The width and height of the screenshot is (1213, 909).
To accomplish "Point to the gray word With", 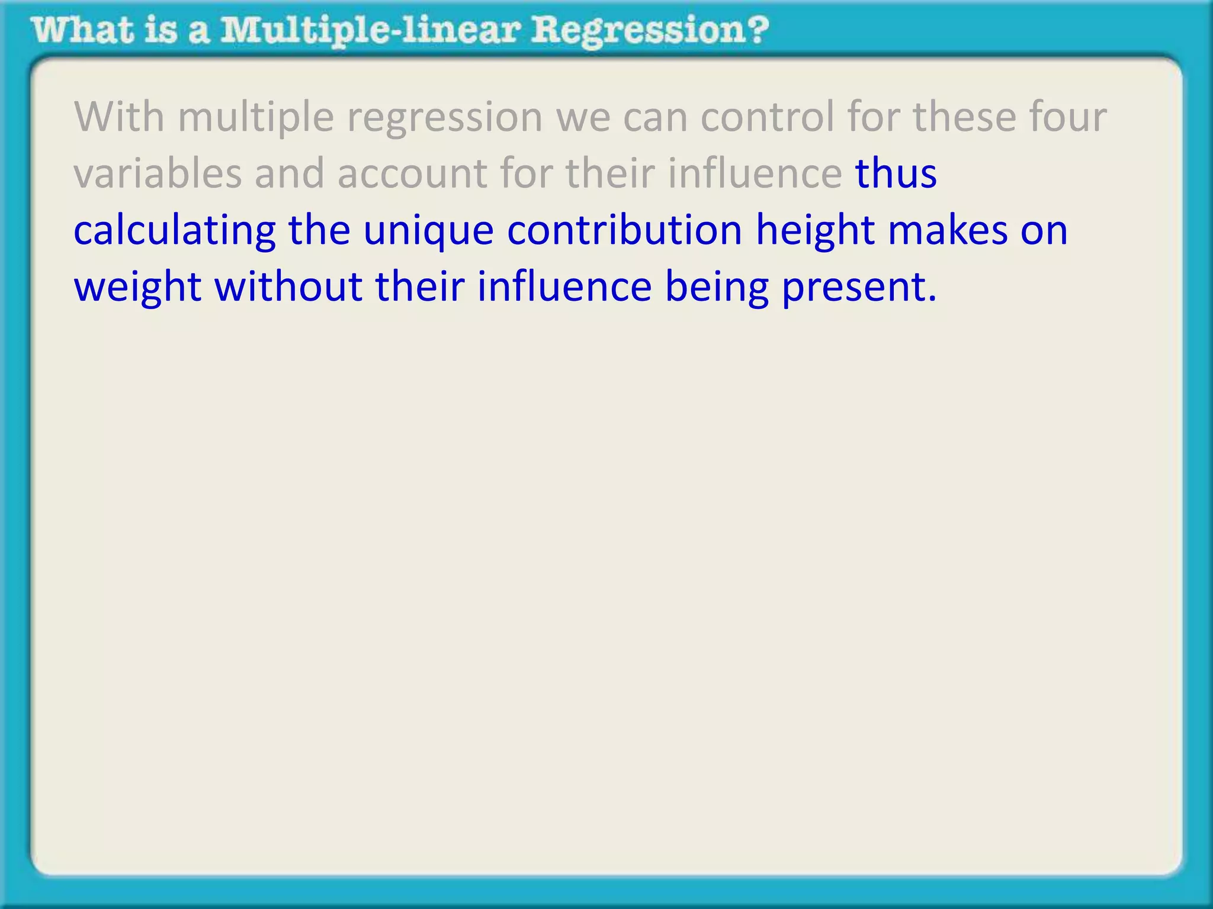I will tap(118, 117).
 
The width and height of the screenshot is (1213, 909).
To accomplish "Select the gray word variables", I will tap(157, 173).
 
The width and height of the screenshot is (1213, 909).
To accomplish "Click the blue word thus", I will tap(896, 173).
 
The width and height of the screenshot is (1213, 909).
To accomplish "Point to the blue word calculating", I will tap(175, 231).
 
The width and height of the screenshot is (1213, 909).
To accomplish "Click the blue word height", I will tap(815, 231).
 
